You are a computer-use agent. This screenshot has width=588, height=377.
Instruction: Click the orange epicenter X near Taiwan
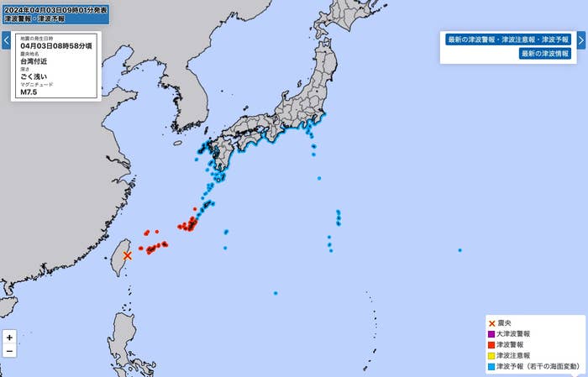128,255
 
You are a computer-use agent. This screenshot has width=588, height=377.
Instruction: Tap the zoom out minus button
9,351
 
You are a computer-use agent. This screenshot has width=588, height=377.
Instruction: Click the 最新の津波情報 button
544,54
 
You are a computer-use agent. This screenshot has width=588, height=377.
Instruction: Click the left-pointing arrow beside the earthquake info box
6,39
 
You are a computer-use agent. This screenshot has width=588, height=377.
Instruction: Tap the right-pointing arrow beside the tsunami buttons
581,39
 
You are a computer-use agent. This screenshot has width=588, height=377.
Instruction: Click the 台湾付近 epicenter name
34,61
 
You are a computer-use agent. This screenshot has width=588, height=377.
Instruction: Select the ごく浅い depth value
34,76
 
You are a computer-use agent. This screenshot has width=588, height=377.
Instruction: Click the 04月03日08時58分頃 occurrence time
55,46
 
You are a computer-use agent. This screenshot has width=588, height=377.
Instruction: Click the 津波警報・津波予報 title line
34,18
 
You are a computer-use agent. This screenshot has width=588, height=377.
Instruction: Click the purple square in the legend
491,334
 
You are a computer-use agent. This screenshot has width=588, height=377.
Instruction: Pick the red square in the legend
491,345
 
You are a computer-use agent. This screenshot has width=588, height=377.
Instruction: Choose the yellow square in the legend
491,356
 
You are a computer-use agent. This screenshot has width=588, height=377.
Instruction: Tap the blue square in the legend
491,367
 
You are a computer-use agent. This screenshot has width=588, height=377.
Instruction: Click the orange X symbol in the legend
491,323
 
